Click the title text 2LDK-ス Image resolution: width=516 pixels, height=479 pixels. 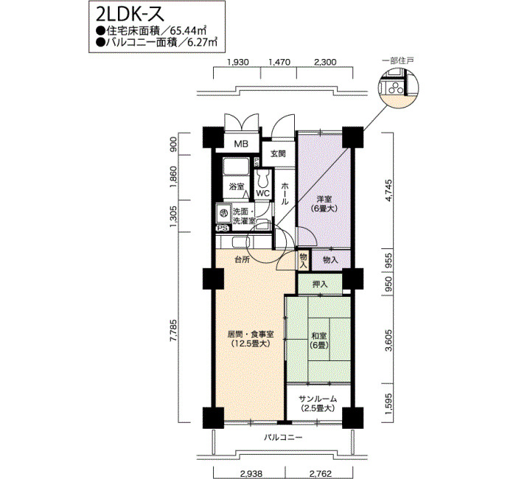pyautogui.click(x=130, y=15)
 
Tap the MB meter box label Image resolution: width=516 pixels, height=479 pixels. pyautogui.click(x=241, y=144)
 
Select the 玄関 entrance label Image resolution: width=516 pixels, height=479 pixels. pyautogui.click(x=278, y=153)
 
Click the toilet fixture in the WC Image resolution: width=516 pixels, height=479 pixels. pyautogui.click(x=262, y=179)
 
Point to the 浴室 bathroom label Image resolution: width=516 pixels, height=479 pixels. pyautogui.click(x=237, y=186)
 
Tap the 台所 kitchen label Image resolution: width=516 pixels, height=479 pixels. pyautogui.click(x=242, y=259)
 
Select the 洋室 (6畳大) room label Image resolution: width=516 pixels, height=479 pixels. pyautogui.click(x=324, y=203)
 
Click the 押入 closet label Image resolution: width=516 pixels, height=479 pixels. pyautogui.click(x=320, y=284)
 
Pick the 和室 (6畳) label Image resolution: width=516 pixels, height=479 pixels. pyautogui.click(x=319, y=340)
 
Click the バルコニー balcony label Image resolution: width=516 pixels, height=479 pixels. pyautogui.click(x=283, y=438)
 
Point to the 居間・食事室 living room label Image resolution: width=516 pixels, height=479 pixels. pyautogui.click(x=251, y=335)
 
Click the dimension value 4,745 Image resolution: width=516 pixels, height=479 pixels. pyautogui.click(x=389, y=190)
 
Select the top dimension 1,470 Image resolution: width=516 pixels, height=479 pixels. pyautogui.click(x=279, y=62)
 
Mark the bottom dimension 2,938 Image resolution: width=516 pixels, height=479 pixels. pyautogui.click(x=251, y=474)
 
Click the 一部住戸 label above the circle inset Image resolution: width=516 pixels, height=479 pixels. pyautogui.click(x=398, y=60)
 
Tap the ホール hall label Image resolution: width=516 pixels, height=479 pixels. pyautogui.click(x=285, y=193)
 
